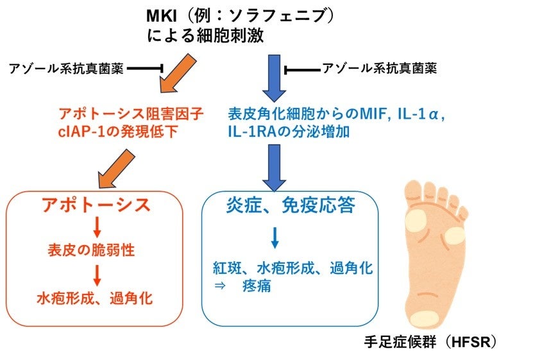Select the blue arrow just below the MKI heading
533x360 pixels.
(274, 77)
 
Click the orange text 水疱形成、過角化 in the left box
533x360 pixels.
(94, 298)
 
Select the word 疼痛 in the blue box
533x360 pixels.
(258, 286)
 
